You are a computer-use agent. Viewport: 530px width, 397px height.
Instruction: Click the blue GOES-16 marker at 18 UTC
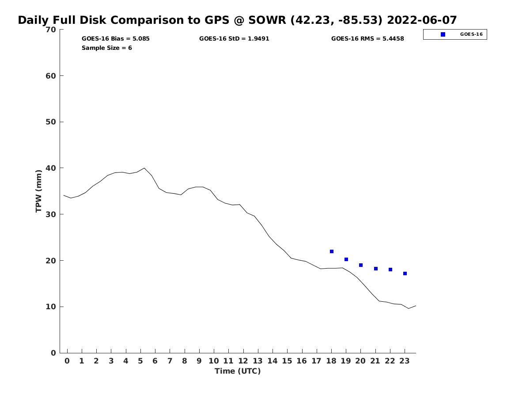pyautogui.click(x=332, y=251)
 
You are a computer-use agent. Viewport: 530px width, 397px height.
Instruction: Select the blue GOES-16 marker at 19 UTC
pyautogui.click(x=346, y=259)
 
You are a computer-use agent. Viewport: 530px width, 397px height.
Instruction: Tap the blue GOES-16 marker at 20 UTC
pyautogui.click(x=361, y=265)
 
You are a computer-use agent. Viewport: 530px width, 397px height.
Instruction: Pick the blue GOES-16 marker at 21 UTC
pyautogui.click(x=376, y=269)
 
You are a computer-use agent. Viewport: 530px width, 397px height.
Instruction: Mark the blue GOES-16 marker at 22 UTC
pyautogui.click(x=390, y=270)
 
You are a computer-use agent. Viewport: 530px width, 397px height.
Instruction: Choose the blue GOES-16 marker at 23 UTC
pyautogui.click(x=405, y=273)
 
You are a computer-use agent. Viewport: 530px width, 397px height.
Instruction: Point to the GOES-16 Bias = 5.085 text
pyautogui.click(x=116, y=39)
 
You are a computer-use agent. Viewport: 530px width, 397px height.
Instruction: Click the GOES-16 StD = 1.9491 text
pyautogui.click(x=234, y=39)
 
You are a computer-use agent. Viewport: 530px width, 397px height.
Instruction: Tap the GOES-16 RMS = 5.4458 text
pyautogui.click(x=367, y=39)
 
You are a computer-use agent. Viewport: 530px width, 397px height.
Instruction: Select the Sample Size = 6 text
pyautogui.click(x=107, y=48)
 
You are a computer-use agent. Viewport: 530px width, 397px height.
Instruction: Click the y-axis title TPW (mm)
pyautogui.click(x=39, y=191)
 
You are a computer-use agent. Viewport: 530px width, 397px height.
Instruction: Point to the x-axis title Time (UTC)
pyautogui.click(x=238, y=371)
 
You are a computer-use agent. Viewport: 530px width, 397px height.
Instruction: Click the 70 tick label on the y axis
pyautogui.click(x=51, y=30)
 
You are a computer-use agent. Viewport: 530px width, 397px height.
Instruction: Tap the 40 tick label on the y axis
pyautogui.click(x=51, y=168)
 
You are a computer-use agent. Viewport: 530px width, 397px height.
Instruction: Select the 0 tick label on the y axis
pyautogui.click(x=53, y=353)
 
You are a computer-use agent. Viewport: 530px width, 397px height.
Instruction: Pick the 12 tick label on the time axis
pyautogui.click(x=243, y=361)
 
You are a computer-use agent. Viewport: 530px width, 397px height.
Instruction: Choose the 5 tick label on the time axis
pyautogui.click(x=140, y=361)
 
